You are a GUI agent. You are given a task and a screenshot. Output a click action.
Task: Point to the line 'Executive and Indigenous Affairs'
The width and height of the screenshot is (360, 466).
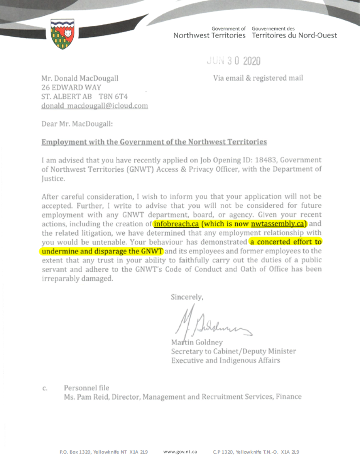tap(225, 361)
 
